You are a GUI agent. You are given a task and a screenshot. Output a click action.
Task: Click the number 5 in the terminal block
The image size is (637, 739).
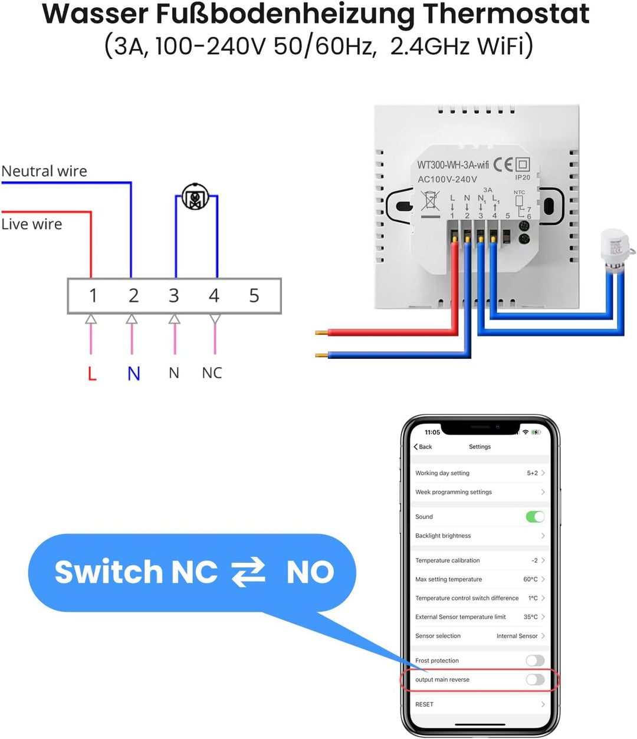(254, 295)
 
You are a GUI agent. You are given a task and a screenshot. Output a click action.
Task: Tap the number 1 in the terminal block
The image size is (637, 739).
(93, 295)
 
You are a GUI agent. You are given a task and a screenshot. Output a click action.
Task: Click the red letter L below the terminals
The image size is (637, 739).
(92, 373)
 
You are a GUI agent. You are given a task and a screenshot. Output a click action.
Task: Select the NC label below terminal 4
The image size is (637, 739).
(212, 373)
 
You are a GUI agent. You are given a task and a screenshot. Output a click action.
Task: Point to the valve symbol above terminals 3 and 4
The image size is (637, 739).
(195, 197)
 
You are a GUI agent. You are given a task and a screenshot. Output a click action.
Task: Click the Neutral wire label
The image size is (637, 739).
(44, 171)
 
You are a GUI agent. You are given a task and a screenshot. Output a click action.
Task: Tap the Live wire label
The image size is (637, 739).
(32, 224)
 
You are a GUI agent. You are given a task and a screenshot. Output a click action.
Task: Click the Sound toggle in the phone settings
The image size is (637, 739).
(535, 517)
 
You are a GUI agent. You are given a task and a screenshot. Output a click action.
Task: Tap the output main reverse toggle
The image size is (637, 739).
(535, 679)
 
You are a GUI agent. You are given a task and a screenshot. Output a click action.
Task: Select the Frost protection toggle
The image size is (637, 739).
(535, 661)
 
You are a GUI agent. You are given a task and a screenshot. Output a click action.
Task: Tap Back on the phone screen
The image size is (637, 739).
(423, 447)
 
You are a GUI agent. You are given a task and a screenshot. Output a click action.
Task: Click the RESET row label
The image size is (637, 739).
(424, 704)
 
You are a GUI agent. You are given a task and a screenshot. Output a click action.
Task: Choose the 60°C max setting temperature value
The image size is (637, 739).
(530, 579)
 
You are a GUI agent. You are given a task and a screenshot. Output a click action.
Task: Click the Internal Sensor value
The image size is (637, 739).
(517, 636)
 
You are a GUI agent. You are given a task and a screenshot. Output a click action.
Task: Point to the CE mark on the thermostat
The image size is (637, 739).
(503, 164)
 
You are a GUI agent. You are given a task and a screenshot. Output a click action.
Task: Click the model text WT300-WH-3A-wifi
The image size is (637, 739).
(453, 165)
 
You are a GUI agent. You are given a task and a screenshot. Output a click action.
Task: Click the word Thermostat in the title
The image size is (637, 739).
(506, 14)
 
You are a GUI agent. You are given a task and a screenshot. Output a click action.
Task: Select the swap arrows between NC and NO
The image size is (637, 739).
(248, 572)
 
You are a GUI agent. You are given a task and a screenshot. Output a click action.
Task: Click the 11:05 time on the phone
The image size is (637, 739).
(432, 432)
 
